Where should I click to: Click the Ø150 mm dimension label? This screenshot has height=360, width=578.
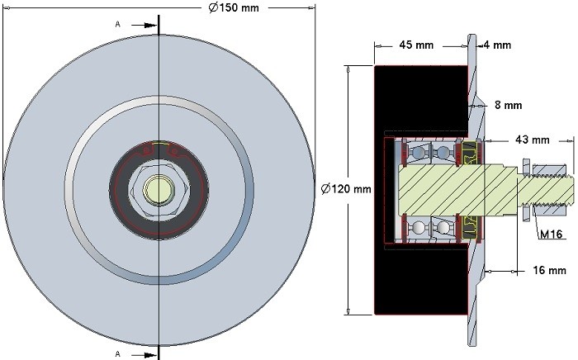pyautogui.click(x=234, y=7)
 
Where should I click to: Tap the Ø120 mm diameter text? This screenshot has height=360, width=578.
pyautogui.click(x=346, y=189)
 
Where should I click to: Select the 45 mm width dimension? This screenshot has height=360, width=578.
pyautogui.click(x=416, y=45)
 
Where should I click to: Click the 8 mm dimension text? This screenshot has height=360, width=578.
pyautogui.click(x=509, y=106)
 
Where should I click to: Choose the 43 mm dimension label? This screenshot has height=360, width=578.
pyautogui.click(x=533, y=140)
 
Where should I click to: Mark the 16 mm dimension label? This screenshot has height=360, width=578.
pyautogui.click(x=549, y=271)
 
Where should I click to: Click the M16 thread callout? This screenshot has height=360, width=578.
pyautogui.click(x=551, y=234)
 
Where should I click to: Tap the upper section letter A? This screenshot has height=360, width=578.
pyautogui.click(x=117, y=24)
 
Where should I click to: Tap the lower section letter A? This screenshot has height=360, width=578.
pyautogui.click(x=117, y=354)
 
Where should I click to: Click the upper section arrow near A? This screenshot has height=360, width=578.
pyautogui.click(x=144, y=25)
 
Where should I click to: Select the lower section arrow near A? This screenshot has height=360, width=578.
pyautogui.click(x=144, y=355)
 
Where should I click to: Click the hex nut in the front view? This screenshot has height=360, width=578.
pyautogui.click(x=159, y=189)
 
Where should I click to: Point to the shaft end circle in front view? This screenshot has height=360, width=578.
pyautogui.click(x=159, y=189)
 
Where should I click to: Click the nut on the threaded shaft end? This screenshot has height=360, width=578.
pyautogui.click(x=549, y=190)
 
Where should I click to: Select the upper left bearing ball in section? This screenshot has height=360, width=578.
pyautogui.click(x=417, y=152)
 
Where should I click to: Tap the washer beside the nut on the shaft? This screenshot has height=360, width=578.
pyautogui.click(x=526, y=190)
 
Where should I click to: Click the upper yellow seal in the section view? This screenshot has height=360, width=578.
pyautogui.click(x=469, y=153)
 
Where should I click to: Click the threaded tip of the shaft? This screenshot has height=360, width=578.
pyautogui.click(x=570, y=190)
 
